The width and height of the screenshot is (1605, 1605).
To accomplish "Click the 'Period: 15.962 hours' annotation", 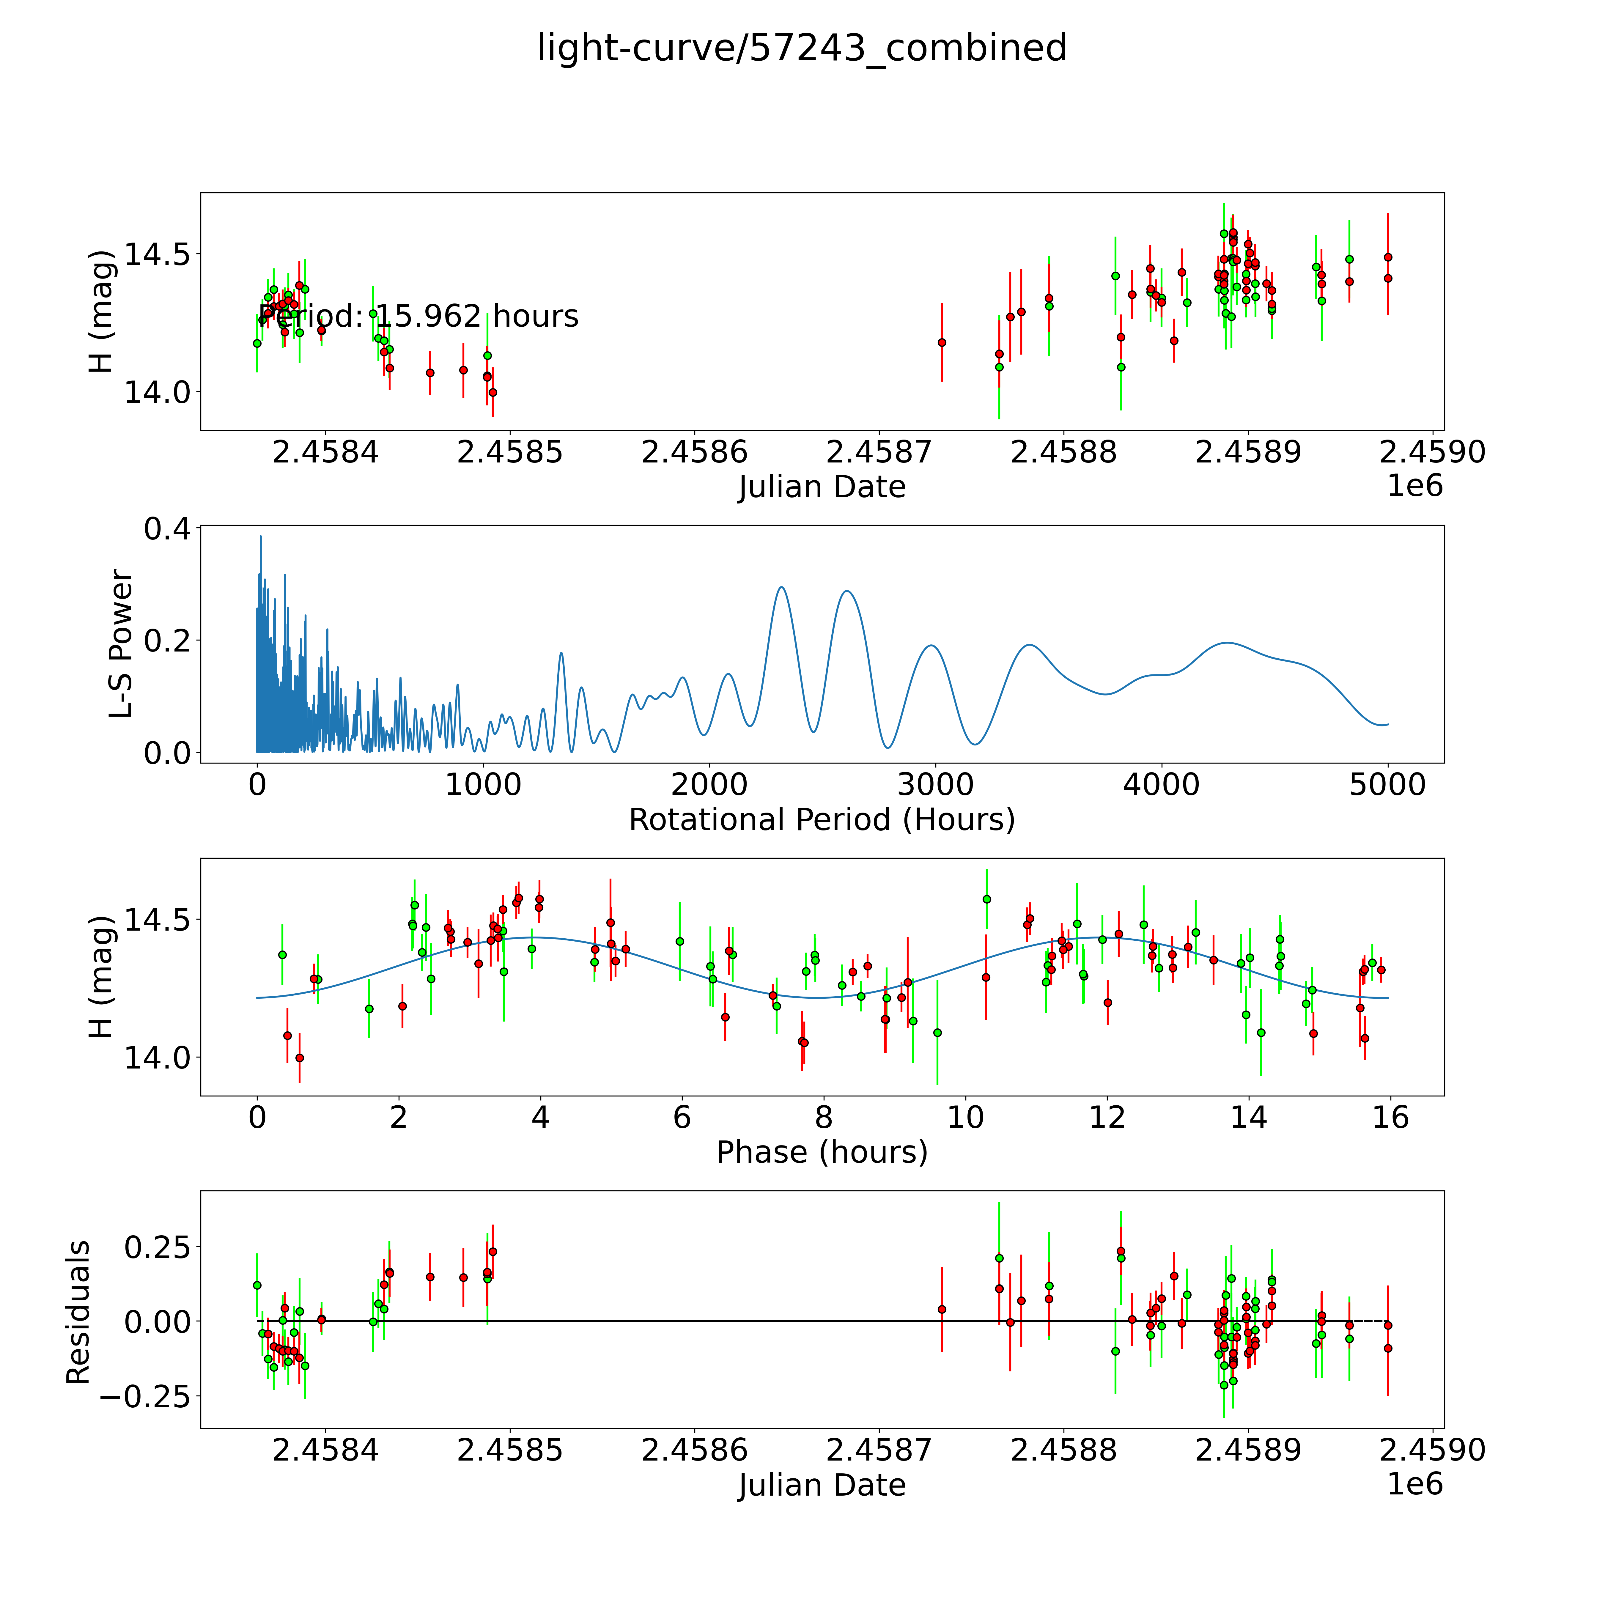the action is coord(419,317).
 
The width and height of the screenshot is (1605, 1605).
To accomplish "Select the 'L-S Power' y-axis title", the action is coord(121,644).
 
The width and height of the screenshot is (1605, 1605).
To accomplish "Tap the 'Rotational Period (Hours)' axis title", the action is coord(822,820).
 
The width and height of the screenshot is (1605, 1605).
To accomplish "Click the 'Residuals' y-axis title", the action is coord(78,1313).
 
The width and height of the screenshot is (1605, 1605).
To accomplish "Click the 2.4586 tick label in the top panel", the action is coord(695,453).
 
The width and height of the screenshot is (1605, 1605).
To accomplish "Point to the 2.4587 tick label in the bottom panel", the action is coord(879,1450).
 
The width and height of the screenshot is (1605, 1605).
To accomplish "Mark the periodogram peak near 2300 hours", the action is coord(781,587).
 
